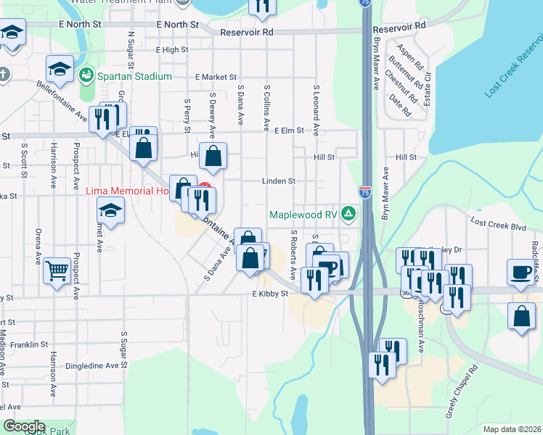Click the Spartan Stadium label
pos(135,76)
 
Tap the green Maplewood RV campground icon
pos(349,214)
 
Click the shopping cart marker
pos(56,270)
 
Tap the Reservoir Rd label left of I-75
pos(247,33)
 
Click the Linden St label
pos(279,181)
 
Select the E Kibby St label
pos(270,294)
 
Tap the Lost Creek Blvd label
pos(497,226)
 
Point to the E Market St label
pos(216,76)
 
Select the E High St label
pos(171,50)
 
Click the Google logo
pos(24,426)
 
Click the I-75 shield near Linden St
pos(365,192)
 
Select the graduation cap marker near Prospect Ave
pos(110,210)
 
